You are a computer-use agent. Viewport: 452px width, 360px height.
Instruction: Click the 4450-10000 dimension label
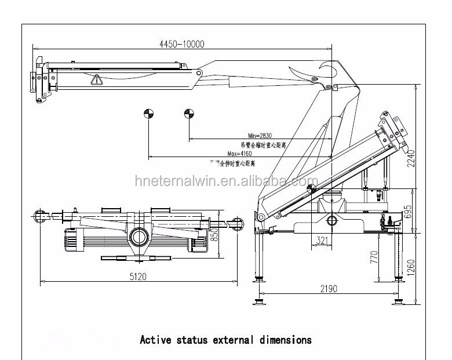(x=181, y=43)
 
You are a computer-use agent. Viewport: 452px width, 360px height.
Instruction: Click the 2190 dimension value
(x=328, y=289)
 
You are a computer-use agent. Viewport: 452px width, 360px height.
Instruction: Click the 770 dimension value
(x=374, y=257)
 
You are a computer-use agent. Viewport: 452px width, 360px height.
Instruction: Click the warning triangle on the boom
(x=95, y=80)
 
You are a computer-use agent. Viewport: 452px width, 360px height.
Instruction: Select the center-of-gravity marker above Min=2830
(x=188, y=114)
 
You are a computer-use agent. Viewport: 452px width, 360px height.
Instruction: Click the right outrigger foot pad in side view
(x=399, y=301)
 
